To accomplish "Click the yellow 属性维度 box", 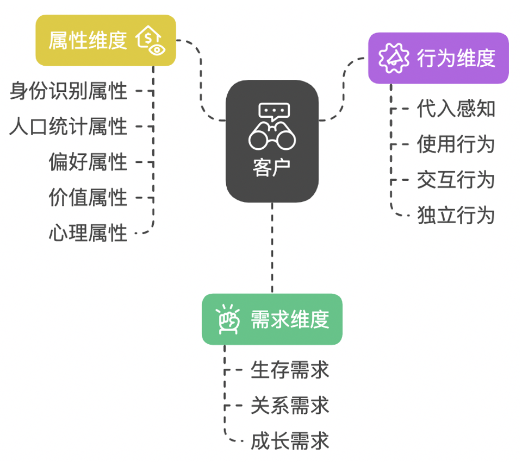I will pyautogui.click(x=105, y=41).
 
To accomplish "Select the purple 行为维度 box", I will pyautogui.click(x=438, y=58).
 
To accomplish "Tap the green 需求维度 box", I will pyautogui.click(x=272, y=319).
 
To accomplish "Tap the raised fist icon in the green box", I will pyautogui.click(x=228, y=319).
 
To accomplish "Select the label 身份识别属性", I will pyautogui.click(x=69, y=91).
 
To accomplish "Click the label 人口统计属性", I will pyautogui.click(x=69, y=127).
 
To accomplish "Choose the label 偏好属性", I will pyautogui.click(x=88, y=162).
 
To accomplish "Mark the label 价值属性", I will pyautogui.click(x=88, y=197).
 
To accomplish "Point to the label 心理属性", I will pyautogui.click(x=88, y=233).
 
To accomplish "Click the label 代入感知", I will pyautogui.click(x=456, y=109).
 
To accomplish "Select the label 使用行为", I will pyautogui.click(x=456, y=144).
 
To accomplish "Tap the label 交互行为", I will pyautogui.click(x=456, y=180).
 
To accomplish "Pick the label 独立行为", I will pyautogui.click(x=456, y=215).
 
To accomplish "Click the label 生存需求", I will pyautogui.click(x=290, y=370).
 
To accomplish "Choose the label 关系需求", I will pyautogui.click(x=290, y=406).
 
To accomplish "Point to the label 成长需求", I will pyautogui.click(x=290, y=441).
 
